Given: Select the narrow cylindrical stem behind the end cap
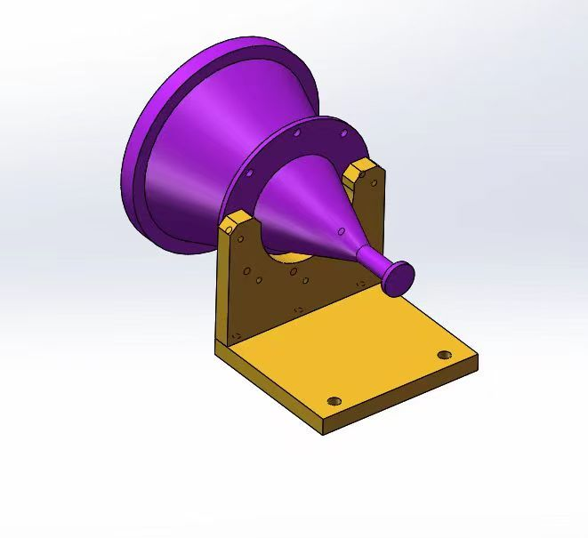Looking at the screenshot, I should [x=372, y=259].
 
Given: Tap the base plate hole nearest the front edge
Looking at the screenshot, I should [x=334, y=400].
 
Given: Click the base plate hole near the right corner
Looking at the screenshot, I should [x=445, y=356].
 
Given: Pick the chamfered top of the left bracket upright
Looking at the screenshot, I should [x=237, y=221].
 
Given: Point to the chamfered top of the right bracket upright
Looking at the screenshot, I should [x=361, y=166].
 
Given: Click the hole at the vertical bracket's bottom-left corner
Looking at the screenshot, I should [x=237, y=334].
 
